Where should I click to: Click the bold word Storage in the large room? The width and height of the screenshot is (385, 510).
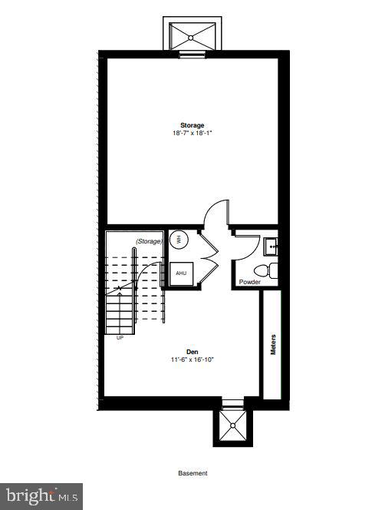(192, 125)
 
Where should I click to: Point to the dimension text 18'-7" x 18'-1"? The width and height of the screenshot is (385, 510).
(192, 133)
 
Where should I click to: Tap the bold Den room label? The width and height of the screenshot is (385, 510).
(192, 351)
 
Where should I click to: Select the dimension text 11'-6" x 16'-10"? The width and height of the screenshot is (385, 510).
(192, 359)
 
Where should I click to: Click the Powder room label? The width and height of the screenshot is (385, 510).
(250, 282)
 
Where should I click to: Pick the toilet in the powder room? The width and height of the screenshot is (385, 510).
(265, 270)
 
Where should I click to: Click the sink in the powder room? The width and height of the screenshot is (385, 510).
(271, 247)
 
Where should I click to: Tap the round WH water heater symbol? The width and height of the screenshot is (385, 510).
(178, 239)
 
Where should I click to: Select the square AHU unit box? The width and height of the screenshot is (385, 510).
(181, 273)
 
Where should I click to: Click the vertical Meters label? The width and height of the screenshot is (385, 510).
(273, 344)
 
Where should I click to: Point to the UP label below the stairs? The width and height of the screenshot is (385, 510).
(120, 337)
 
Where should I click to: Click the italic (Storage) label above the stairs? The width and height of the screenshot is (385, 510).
(149, 241)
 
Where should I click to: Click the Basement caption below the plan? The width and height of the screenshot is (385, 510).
(192, 474)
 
